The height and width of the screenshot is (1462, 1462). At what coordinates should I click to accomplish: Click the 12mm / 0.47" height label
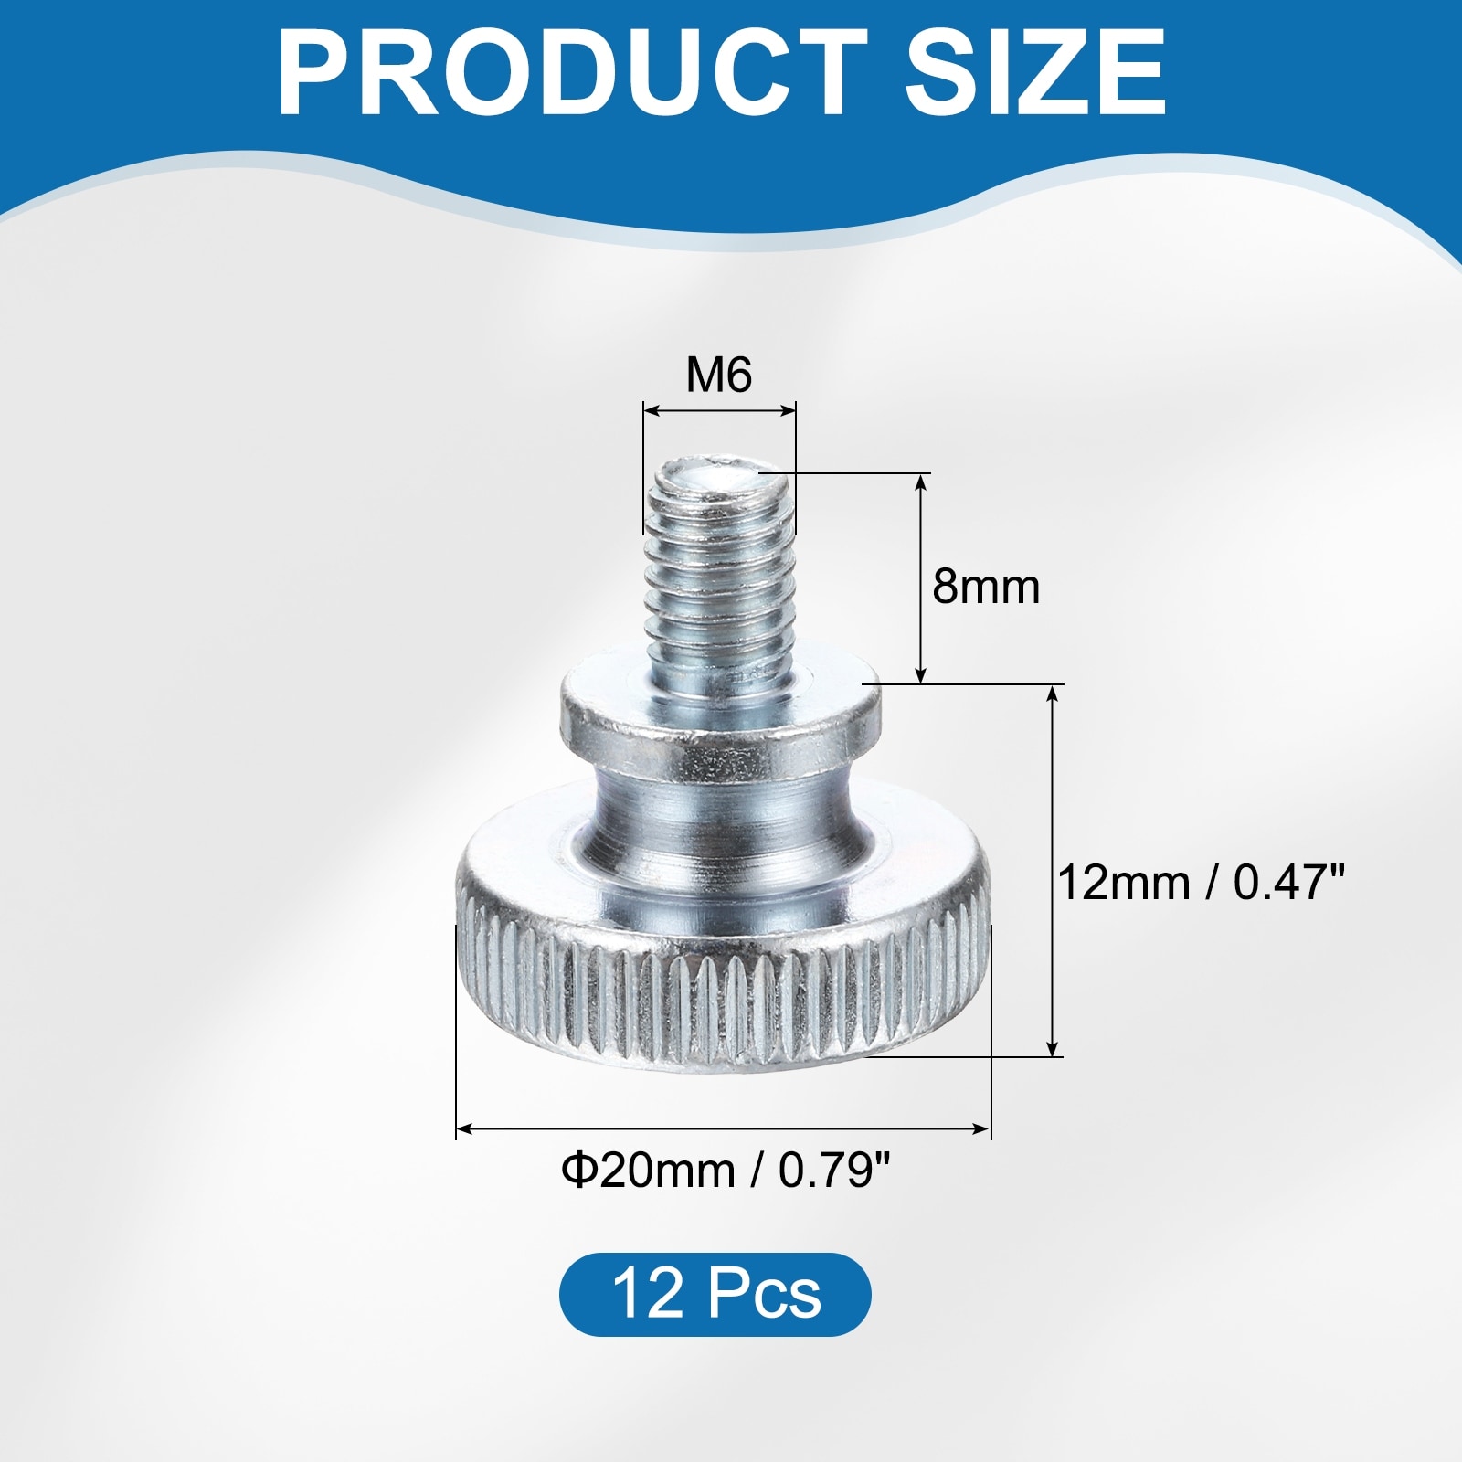[1202, 883]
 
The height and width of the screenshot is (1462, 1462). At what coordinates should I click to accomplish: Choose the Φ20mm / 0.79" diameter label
[726, 1171]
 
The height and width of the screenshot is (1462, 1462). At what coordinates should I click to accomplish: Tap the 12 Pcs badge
[715, 1294]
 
